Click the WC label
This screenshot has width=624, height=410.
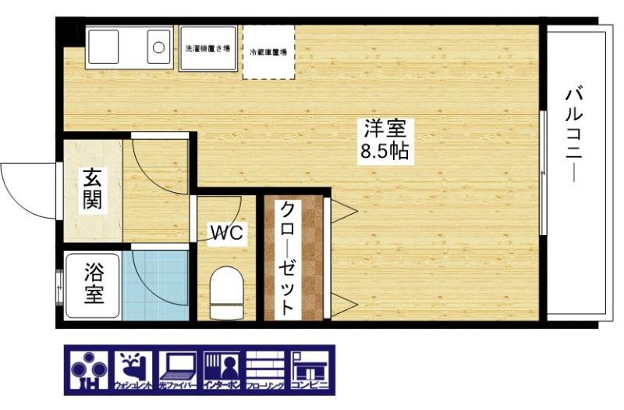(227, 231)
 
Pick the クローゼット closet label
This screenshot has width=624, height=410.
(288, 258)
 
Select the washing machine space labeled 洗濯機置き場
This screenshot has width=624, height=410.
(207, 48)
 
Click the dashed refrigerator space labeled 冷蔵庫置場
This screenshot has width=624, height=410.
(268, 52)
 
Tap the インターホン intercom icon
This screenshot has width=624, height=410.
(223, 370)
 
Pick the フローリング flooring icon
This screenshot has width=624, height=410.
(267, 370)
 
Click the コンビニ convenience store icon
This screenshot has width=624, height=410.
(311, 370)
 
